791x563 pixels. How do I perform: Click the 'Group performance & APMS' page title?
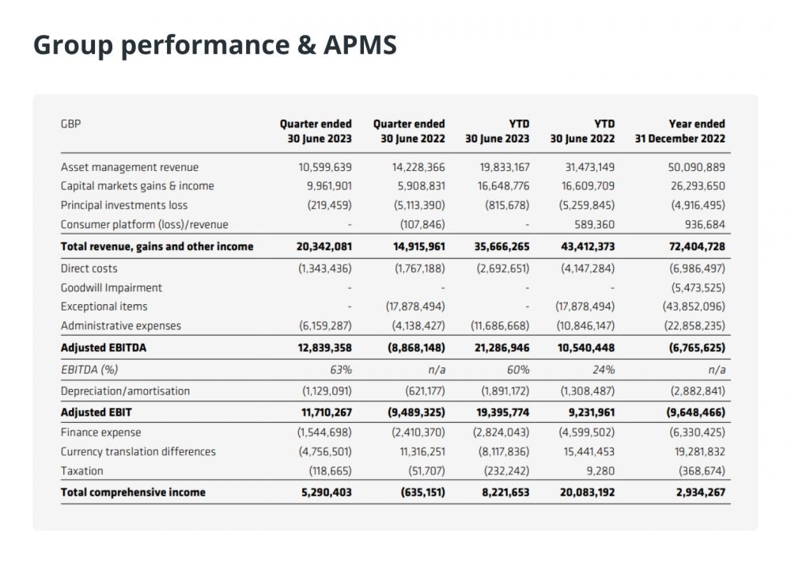[x=215, y=45]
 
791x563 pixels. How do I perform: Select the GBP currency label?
[x=70, y=124]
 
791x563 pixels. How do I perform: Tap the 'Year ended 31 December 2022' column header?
[x=680, y=131]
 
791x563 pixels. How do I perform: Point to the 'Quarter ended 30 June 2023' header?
[x=316, y=131]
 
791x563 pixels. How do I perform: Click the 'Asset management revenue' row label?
[x=130, y=167]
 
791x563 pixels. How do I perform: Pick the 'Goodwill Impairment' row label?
[x=112, y=287]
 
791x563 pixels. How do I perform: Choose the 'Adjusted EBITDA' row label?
[x=104, y=348]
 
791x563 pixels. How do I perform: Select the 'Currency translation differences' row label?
[x=138, y=451]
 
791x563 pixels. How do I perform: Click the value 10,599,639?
[x=325, y=167]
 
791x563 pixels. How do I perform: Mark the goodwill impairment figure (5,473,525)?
[x=698, y=287]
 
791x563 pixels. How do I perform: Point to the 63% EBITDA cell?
[x=341, y=370]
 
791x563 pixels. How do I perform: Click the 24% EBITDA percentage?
[x=604, y=370]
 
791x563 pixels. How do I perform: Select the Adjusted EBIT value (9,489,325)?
[x=417, y=413]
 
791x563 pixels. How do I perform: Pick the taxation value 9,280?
[x=601, y=471]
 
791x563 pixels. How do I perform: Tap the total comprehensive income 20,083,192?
[x=588, y=493]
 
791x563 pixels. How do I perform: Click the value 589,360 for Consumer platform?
[x=595, y=224]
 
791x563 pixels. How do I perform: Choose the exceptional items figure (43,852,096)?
[x=694, y=306]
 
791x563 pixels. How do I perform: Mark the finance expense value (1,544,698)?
[x=324, y=432]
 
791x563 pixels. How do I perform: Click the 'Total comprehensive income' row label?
[x=133, y=493]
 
